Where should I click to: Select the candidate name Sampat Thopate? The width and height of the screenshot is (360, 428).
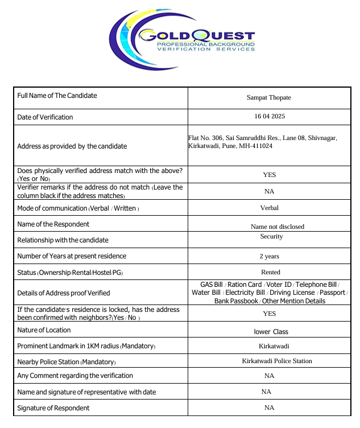[269, 97]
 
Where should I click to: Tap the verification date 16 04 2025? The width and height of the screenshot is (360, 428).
[270, 116]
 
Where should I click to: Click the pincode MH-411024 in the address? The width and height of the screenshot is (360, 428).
[255, 146]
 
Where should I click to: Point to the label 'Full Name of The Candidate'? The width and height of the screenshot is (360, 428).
[57, 96]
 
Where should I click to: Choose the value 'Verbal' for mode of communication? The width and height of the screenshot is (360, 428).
[270, 208]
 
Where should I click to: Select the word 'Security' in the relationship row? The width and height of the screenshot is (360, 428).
[271, 236]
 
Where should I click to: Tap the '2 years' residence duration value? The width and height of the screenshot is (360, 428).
[270, 256]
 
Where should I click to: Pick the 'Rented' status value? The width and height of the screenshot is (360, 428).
[271, 272]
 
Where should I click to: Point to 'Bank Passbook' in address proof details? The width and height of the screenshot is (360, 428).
[236, 301]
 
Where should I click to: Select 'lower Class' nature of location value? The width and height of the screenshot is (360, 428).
[271, 331]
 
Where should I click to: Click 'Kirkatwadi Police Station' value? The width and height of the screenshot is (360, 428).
[277, 361]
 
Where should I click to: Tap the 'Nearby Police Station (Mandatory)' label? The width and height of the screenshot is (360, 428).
[66, 362]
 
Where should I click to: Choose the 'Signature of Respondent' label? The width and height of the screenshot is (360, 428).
[53, 408]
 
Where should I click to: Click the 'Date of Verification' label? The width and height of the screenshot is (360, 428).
[45, 117]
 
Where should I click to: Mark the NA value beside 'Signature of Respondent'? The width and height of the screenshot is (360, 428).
[270, 408]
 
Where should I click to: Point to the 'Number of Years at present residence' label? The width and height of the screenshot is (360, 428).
[72, 256]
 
